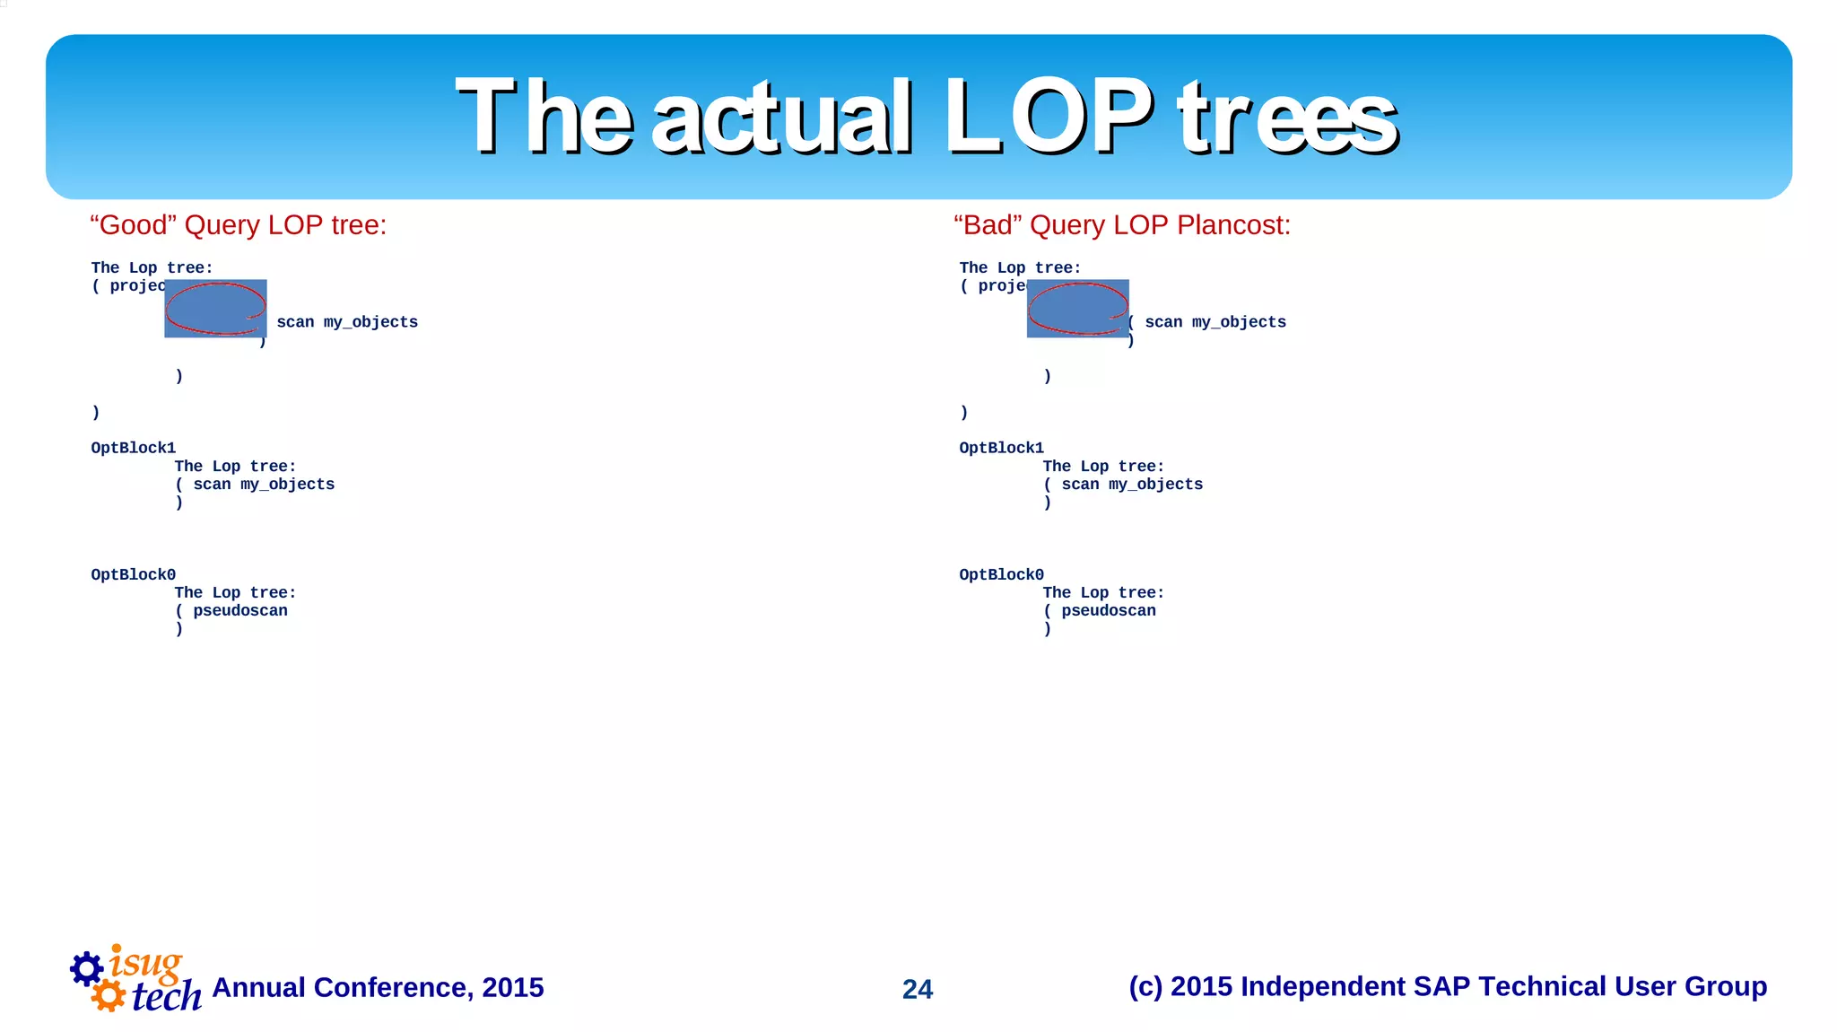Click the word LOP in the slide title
pos(1048,117)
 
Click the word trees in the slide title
pos(1288,117)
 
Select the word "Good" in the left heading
pos(133,224)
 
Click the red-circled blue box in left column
pos(215,308)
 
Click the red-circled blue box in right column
pos(1077,308)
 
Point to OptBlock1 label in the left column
pos(133,448)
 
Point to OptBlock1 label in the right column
pos(1001,448)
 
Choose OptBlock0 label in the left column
pos(133,574)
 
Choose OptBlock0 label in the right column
pos(1001,574)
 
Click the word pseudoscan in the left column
pos(240,610)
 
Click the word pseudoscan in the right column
pos(1109,610)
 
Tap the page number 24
pos(918,989)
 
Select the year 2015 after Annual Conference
pos(512,987)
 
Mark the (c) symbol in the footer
pos(1145,986)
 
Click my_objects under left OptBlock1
pos(287,485)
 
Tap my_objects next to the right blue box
pos(1239,322)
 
